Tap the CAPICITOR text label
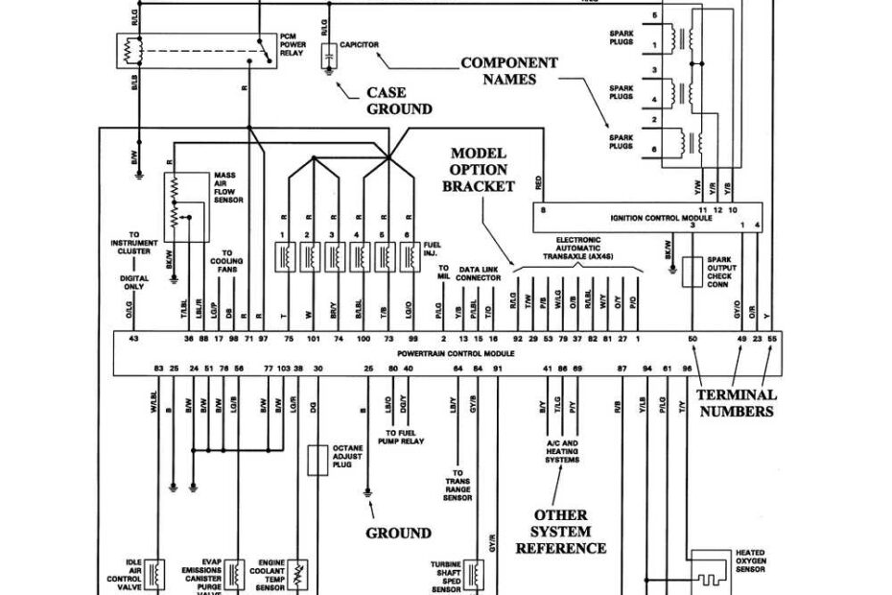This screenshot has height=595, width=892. [x=359, y=44]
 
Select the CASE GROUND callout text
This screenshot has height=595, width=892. [x=399, y=101]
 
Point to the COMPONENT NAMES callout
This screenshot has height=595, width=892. [x=509, y=71]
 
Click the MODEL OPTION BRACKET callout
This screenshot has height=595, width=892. [x=478, y=169]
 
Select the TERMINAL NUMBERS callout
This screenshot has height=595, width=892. [x=736, y=403]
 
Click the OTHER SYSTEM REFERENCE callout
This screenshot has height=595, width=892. [x=561, y=531]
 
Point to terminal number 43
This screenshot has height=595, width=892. [x=133, y=339]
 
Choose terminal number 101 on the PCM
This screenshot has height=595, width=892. [x=313, y=339]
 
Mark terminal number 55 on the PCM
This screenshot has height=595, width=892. [x=772, y=339]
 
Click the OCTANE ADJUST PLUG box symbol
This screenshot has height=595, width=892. [x=317, y=461]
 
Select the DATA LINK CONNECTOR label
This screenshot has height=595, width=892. [x=480, y=274]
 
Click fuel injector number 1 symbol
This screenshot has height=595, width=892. [x=284, y=256]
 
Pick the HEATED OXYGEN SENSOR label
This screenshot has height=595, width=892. [x=750, y=560]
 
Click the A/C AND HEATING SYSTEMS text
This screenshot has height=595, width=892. [x=562, y=451]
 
